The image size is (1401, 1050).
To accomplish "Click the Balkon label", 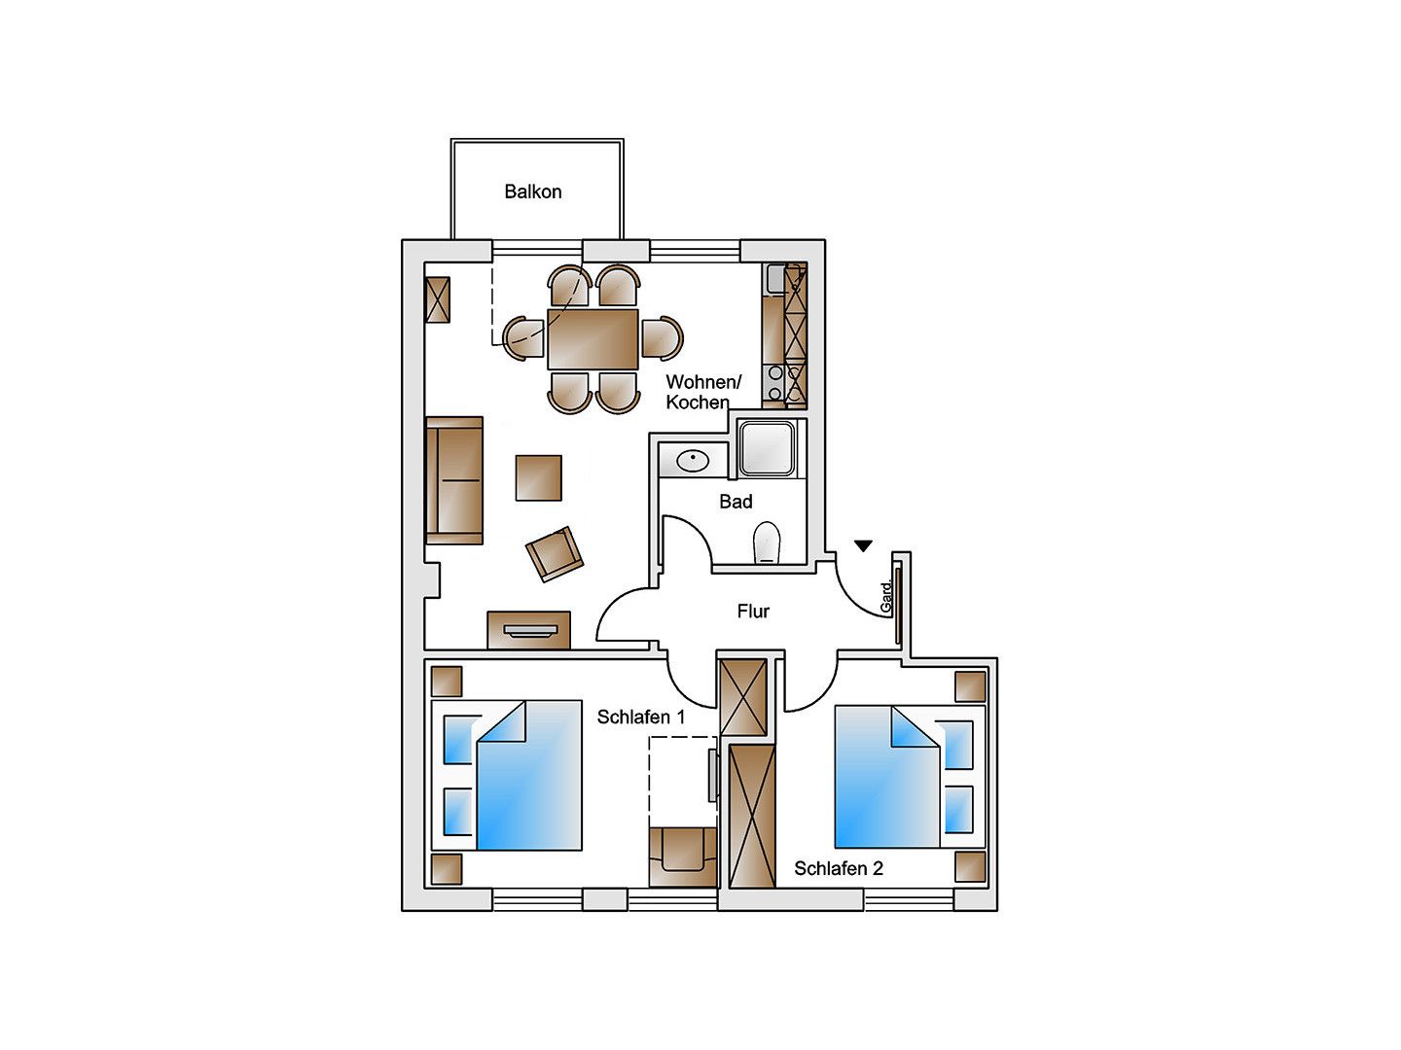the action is click(532, 192).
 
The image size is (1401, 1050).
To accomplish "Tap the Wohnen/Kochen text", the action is click(703, 392).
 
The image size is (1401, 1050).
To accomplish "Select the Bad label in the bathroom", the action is click(736, 501).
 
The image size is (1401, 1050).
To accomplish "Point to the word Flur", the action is click(752, 611).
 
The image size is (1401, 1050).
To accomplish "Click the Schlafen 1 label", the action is click(641, 717).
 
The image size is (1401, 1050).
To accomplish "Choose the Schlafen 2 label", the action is click(838, 867).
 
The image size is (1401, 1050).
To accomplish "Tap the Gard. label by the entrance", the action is click(885, 597).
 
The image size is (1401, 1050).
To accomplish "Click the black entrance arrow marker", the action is click(863, 545).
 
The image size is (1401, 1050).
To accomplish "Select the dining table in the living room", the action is click(593, 339).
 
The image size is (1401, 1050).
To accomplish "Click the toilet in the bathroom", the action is click(767, 542).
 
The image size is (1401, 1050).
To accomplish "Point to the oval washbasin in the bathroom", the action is click(693, 460).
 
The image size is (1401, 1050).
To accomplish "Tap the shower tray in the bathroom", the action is click(767, 448).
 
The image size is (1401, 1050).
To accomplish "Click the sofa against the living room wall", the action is click(453, 480).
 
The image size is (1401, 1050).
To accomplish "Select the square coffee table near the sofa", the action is click(539, 477).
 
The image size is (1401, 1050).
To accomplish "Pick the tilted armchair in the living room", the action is click(554, 553).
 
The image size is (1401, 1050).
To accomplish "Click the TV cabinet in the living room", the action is click(528, 630).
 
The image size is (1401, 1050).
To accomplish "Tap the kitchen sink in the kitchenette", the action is click(776, 278).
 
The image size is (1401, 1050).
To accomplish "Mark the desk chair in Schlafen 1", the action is click(683, 857).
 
